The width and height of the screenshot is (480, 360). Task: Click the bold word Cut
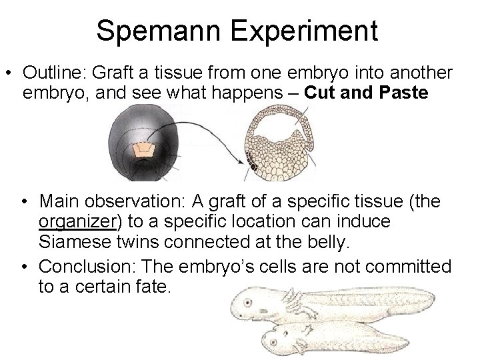click(x=322, y=93)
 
